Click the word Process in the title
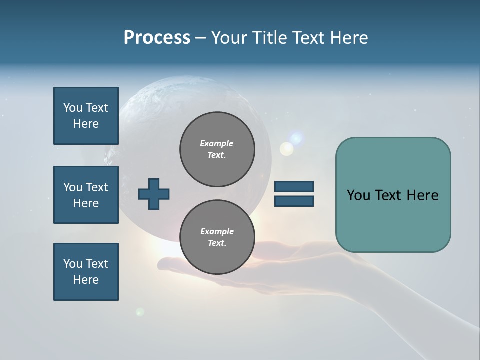(157, 38)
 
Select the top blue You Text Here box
(86, 116)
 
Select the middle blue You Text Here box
(86, 195)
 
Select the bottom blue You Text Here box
(86, 272)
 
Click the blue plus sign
(153, 194)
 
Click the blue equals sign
(294, 194)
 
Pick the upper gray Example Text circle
(217, 149)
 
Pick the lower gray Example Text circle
(217, 237)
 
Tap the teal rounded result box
(393, 195)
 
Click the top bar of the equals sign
(294, 187)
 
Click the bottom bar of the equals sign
(294, 201)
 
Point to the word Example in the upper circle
(217, 143)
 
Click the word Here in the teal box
(422, 195)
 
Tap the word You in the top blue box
(73, 108)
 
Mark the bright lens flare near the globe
(287, 148)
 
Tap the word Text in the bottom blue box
(97, 264)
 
